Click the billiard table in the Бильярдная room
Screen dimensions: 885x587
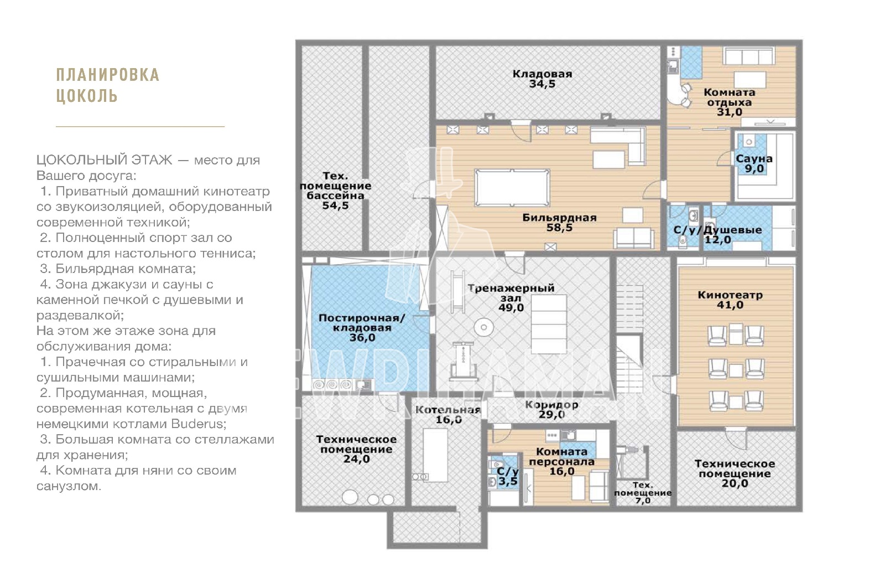[x=512, y=188]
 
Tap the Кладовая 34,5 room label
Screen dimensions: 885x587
[x=542, y=79]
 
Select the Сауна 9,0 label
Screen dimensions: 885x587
[x=754, y=164]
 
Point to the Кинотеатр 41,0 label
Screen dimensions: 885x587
[x=730, y=300]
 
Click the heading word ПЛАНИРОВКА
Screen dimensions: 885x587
[x=108, y=75]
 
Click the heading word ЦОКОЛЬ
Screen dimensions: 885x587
[x=87, y=96]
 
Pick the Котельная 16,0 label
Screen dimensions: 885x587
[x=448, y=415]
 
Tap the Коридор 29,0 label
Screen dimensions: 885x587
[x=551, y=409]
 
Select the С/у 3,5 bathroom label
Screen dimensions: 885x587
[x=508, y=476]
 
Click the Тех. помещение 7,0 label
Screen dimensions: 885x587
[x=643, y=493]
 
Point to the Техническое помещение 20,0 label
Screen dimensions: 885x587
[x=735, y=473]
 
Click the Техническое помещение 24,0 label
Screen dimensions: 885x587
[x=356, y=449]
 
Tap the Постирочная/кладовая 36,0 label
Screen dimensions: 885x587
[x=362, y=327]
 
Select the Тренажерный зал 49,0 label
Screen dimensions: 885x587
[x=511, y=297]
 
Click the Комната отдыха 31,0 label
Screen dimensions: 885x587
[x=730, y=102]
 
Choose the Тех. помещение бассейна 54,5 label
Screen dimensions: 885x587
[x=335, y=190]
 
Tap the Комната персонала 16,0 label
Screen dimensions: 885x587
[x=562, y=461]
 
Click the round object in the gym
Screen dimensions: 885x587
[x=483, y=327]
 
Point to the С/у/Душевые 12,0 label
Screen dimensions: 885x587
[x=717, y=235]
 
